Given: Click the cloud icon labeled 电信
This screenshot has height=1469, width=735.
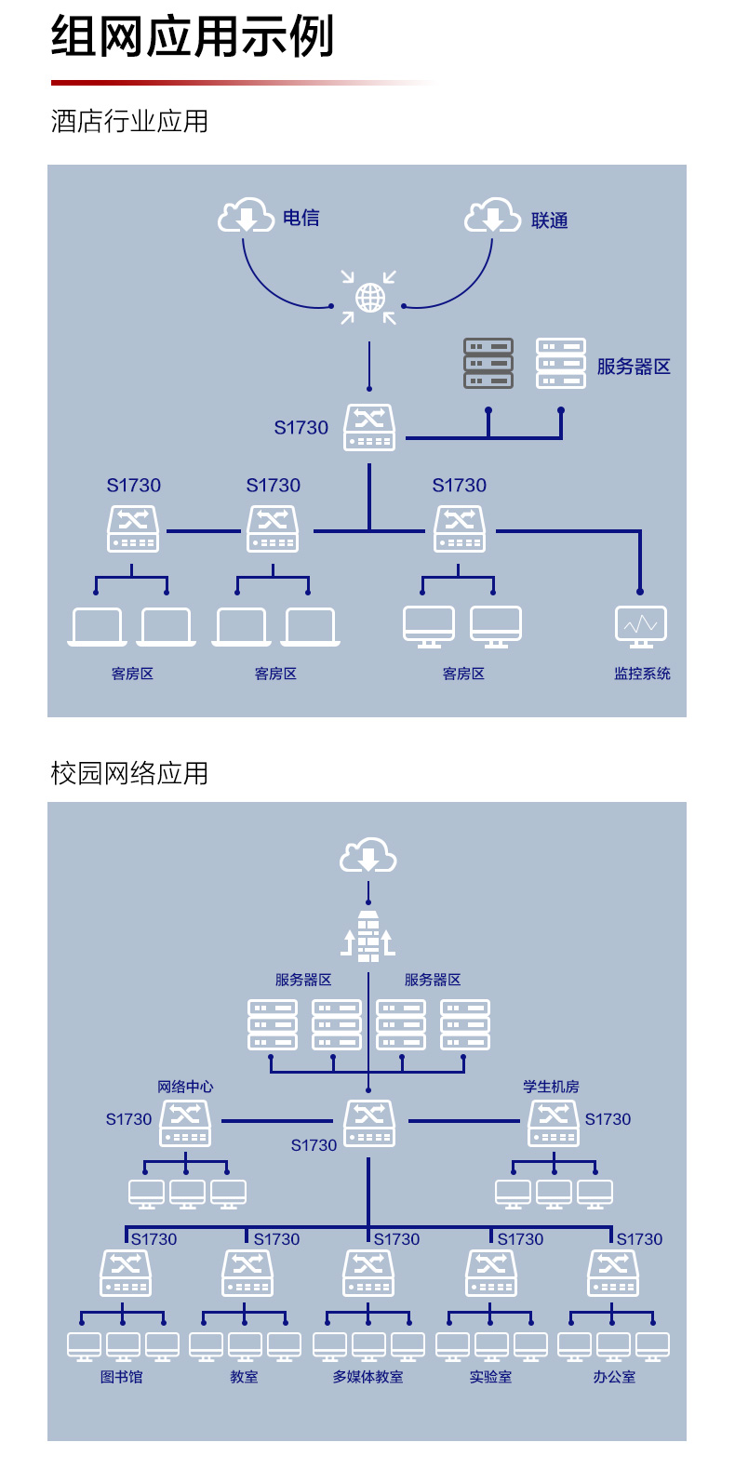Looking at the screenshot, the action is [x=246, y=215].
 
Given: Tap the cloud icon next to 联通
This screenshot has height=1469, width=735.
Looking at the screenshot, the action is [x=492, y=215].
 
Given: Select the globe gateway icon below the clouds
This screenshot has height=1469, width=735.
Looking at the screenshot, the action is [x=369, y=298].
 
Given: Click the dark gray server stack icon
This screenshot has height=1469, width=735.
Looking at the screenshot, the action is [x=488, y=363].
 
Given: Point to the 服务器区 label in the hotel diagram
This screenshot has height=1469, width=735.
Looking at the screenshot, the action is [x=634, y=367].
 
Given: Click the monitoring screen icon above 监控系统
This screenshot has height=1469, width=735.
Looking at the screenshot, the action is [x=641, y=627].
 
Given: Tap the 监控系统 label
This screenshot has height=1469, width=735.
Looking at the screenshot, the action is [x=642, y=674].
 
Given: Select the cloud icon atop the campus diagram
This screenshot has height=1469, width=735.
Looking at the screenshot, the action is [x=367, y=854].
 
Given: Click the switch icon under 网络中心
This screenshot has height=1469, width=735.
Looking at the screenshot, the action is [x=185, y=1124].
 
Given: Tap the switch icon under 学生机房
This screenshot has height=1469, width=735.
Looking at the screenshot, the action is [x=554, y=1124].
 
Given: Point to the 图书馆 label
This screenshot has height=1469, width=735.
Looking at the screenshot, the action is [x=121, y=1377].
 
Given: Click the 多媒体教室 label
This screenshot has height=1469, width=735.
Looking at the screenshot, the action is [x=367, y=1377].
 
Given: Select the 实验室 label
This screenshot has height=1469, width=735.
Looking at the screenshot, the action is [x=490, y=1377].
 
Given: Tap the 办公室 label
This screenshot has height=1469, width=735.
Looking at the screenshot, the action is [x=614, y=1377].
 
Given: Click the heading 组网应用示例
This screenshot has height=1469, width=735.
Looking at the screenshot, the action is [x=193, y=36].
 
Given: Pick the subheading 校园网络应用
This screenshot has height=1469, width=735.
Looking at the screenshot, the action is [x=129, y=773].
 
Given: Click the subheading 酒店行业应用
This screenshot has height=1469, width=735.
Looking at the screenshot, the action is [x=129, y=121].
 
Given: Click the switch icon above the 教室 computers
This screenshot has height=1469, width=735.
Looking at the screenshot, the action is [x=247, y=1273].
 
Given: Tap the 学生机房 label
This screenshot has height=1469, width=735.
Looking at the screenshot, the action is [x=551, y=1087].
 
